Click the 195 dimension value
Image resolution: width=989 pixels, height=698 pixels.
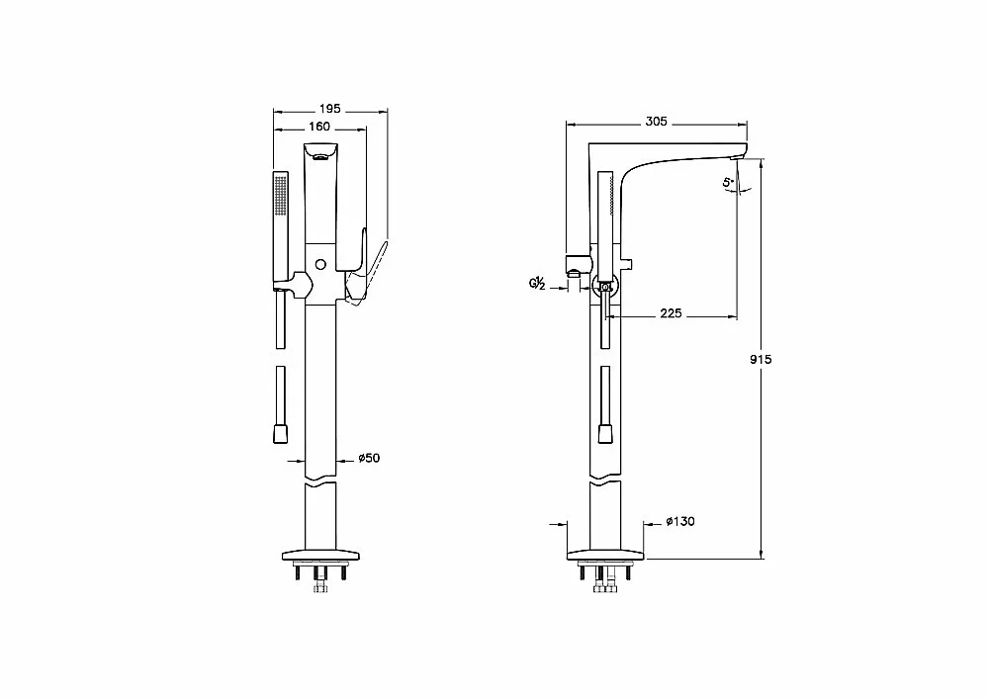329,109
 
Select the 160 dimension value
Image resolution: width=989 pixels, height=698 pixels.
319,127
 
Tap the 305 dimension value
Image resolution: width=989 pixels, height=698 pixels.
656,121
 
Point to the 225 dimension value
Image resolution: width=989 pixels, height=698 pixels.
672,313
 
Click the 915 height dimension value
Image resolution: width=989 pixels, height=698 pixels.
761,360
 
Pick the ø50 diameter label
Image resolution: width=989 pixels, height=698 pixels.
369,458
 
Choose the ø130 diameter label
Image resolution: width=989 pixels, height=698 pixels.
680,521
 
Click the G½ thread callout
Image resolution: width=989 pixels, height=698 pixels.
537,284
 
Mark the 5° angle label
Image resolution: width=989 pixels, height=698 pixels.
729,183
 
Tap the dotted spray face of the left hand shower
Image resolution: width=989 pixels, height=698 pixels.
281,195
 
